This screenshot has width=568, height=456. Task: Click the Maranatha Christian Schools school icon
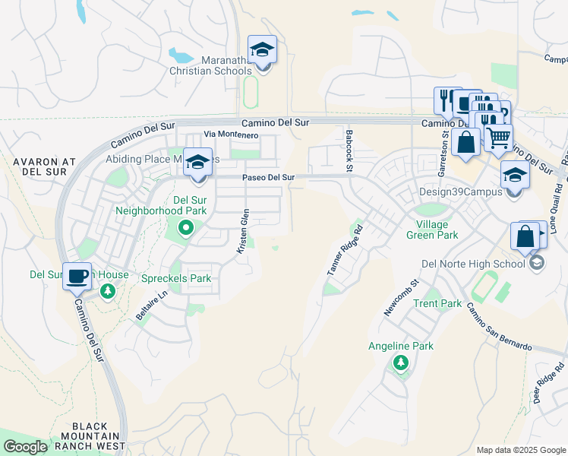click(263, 51)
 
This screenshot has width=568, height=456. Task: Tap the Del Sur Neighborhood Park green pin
click(185, 227)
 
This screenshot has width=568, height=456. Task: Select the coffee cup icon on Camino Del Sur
click(77, 277)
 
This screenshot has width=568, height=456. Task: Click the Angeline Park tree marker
click(400, 363)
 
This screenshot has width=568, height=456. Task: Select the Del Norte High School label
click(473, 264)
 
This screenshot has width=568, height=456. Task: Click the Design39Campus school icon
click(515, 177)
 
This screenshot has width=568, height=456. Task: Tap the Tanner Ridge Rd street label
click(344, 252)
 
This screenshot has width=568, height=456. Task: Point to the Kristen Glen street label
click(245, 233)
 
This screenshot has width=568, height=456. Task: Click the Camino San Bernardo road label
click(499, 325)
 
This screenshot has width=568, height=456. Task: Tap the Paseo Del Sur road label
click(268, 178)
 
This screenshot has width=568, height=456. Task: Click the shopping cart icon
click(498, 138)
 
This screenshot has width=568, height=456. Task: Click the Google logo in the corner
click(25, 447)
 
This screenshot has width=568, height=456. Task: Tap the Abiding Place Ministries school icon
click(198, 163)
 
